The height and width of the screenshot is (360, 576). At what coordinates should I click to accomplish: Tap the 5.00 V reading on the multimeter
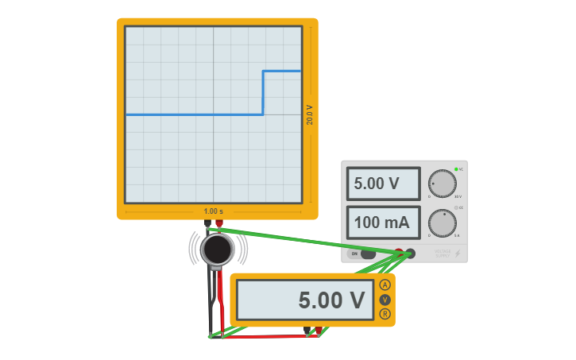[x=306, y=300]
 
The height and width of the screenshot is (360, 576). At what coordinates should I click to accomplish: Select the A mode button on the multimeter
[x=385, y=285]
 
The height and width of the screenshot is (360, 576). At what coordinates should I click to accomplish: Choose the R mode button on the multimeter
[x=385, y=314]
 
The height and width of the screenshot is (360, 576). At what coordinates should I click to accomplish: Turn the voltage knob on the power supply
[x=443, y=184]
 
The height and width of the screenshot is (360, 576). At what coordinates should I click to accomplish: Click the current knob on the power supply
[x=443, y=223]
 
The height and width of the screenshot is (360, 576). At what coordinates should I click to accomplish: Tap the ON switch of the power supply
[x=363, y=254]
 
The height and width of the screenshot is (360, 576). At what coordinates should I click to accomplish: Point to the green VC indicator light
[x=456, y=169]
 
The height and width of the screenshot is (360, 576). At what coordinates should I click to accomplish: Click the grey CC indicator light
[x=456, y=208]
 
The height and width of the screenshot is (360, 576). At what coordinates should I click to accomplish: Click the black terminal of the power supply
[x=410, y=254]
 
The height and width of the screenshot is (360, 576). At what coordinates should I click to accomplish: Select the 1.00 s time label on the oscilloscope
[x=213, y=211]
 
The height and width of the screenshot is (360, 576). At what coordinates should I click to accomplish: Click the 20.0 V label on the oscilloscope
[x=310, y=115]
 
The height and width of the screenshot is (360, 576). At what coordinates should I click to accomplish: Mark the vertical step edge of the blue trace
[x=263, y=93]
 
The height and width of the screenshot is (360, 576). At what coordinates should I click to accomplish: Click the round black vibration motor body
[x=217, y=249]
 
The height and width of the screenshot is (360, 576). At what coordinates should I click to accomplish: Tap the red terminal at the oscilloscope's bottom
[x=219, y=223]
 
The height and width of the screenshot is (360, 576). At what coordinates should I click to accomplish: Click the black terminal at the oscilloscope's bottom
[x=208, y=223]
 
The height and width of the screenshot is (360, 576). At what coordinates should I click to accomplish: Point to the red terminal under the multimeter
[x=319, y=330]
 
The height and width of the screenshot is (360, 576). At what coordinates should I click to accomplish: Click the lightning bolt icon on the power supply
[x=457, y=254]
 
